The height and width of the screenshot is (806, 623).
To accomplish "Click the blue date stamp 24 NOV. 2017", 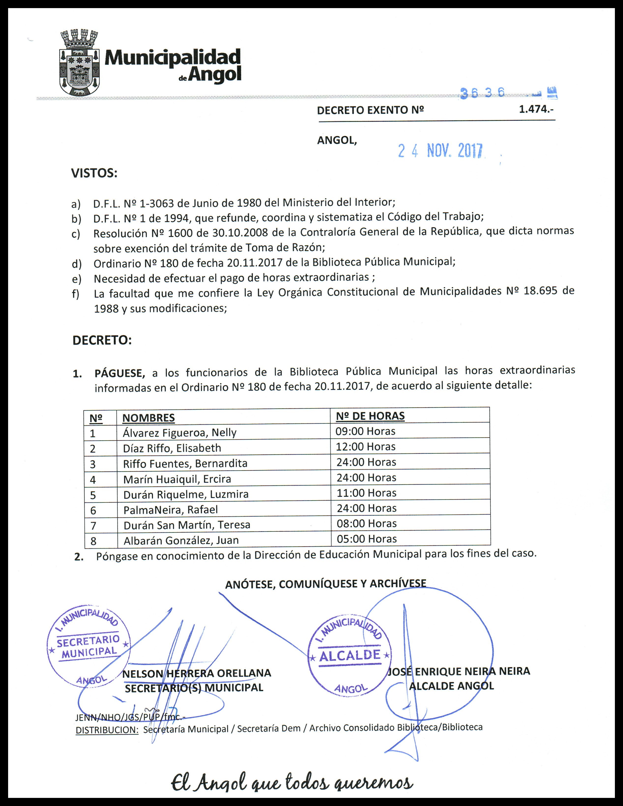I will point(440,151).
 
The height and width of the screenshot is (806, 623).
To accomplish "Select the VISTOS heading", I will point(94,173).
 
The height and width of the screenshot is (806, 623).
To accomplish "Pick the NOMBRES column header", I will point(148,418).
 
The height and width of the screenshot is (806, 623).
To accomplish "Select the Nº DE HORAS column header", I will point(370,416).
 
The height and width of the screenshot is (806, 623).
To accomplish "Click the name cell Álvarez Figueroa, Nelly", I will point(179,432).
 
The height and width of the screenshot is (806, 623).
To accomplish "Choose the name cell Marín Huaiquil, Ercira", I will point(177,479).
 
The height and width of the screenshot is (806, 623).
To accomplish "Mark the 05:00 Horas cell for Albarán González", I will point(366,539).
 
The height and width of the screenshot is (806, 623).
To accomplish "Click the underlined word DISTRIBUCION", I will point(107,730).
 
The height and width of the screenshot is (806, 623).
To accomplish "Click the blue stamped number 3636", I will point(482,93).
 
